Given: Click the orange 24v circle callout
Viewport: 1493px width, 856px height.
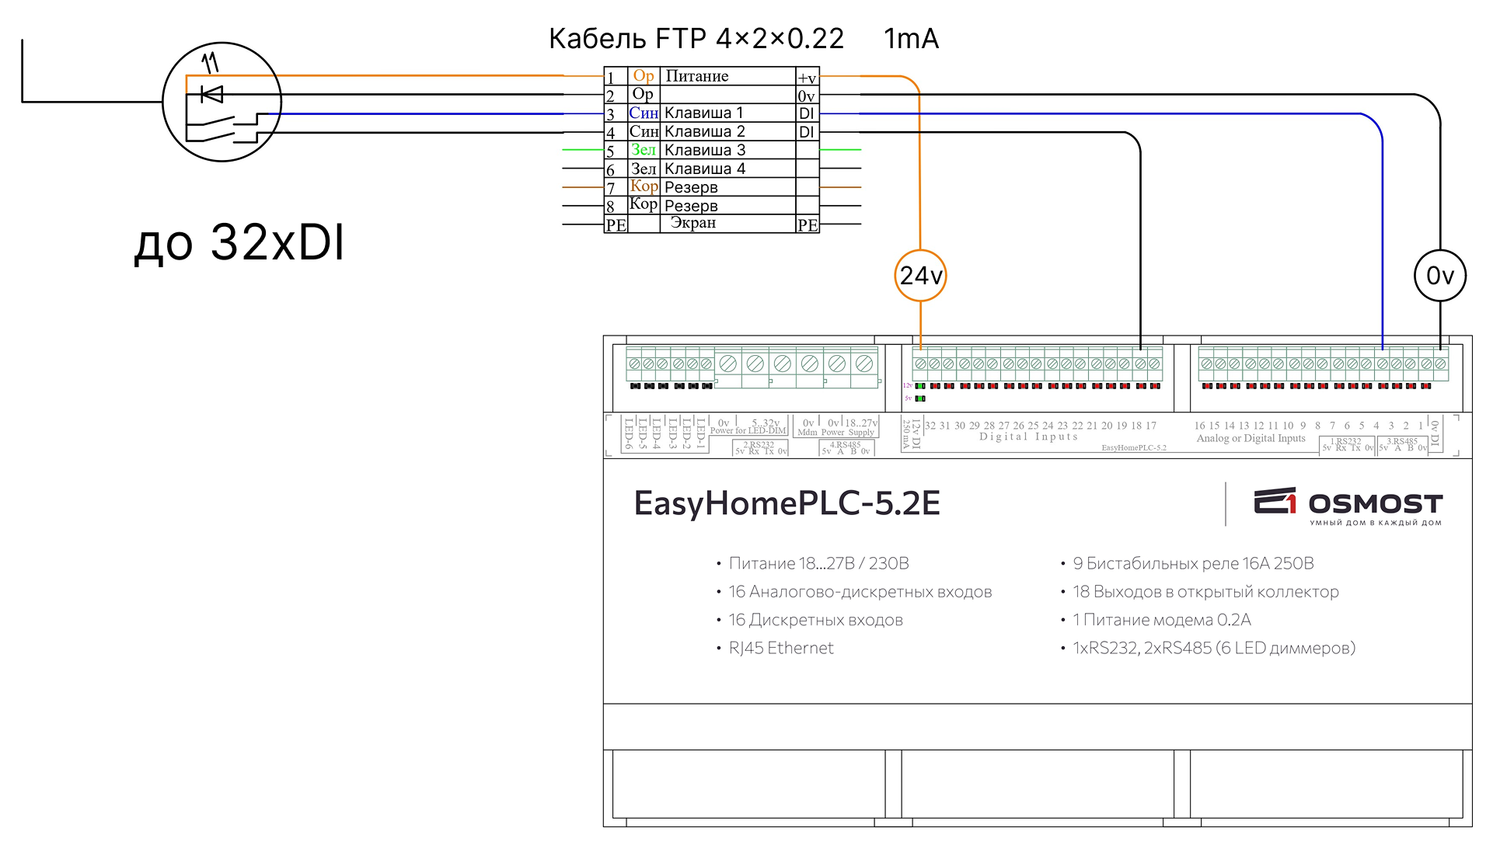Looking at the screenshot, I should coord(920,276).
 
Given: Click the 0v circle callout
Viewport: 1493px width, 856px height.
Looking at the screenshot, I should coord(1439,276).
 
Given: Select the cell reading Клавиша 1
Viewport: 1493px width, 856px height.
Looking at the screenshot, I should coord(704,113).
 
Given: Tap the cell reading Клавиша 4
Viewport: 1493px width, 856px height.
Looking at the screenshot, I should coord(705,169).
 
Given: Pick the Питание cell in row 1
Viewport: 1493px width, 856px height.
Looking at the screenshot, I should coord(697,76).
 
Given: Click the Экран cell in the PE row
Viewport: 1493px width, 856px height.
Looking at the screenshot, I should coord(693,224).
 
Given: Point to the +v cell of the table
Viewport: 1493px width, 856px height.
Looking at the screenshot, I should coord(807,78).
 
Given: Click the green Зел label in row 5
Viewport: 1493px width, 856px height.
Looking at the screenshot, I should coord(643,150).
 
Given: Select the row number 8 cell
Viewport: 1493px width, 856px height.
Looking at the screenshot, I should coord(612,207).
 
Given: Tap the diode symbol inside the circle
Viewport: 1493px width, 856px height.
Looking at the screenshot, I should coord(211,95).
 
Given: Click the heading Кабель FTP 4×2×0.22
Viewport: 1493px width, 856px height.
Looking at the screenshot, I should coord(696,39).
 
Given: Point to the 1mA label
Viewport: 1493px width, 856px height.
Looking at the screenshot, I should coord(911,39).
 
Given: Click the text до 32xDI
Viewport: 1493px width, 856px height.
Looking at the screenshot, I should coord(239,242).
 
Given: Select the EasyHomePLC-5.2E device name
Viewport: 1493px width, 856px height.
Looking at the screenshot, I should coord(787,503).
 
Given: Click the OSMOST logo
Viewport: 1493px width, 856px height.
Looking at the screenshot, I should coord(1348,505).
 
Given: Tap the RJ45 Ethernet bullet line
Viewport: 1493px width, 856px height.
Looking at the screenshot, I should coord(780,649).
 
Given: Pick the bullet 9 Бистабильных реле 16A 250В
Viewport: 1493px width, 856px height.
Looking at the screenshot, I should coord(1193,564).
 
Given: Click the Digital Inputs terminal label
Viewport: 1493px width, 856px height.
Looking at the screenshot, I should coord(1028,437).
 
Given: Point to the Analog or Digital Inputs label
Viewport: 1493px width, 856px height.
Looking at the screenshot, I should coord(1251,439).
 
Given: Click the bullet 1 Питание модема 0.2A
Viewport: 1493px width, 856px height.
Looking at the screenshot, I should coord(1161,620).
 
